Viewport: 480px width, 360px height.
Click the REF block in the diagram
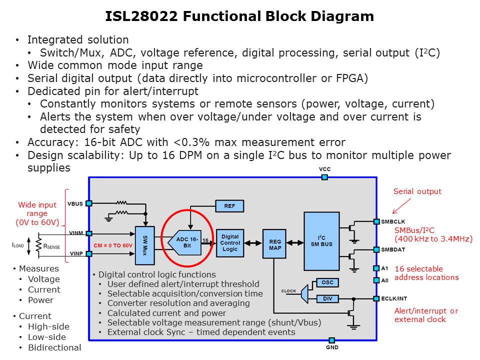point(229,206)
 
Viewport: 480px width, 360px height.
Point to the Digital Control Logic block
point(230,243)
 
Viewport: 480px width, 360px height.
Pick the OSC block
point(327,282)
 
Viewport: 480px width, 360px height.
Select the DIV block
point(327,299)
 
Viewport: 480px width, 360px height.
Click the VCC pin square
point(324,177)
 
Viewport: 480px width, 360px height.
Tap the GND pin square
point(331,340)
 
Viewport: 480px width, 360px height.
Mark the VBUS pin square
point(88,203)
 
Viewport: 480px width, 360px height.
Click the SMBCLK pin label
point(393,221)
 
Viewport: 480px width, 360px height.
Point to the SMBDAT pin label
point(393,249)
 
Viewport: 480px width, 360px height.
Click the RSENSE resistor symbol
point(37,244)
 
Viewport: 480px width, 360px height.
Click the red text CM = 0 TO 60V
point(113,245)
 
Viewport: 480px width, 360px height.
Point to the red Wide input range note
point(37,213)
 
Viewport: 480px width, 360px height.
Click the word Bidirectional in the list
point(54,347)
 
